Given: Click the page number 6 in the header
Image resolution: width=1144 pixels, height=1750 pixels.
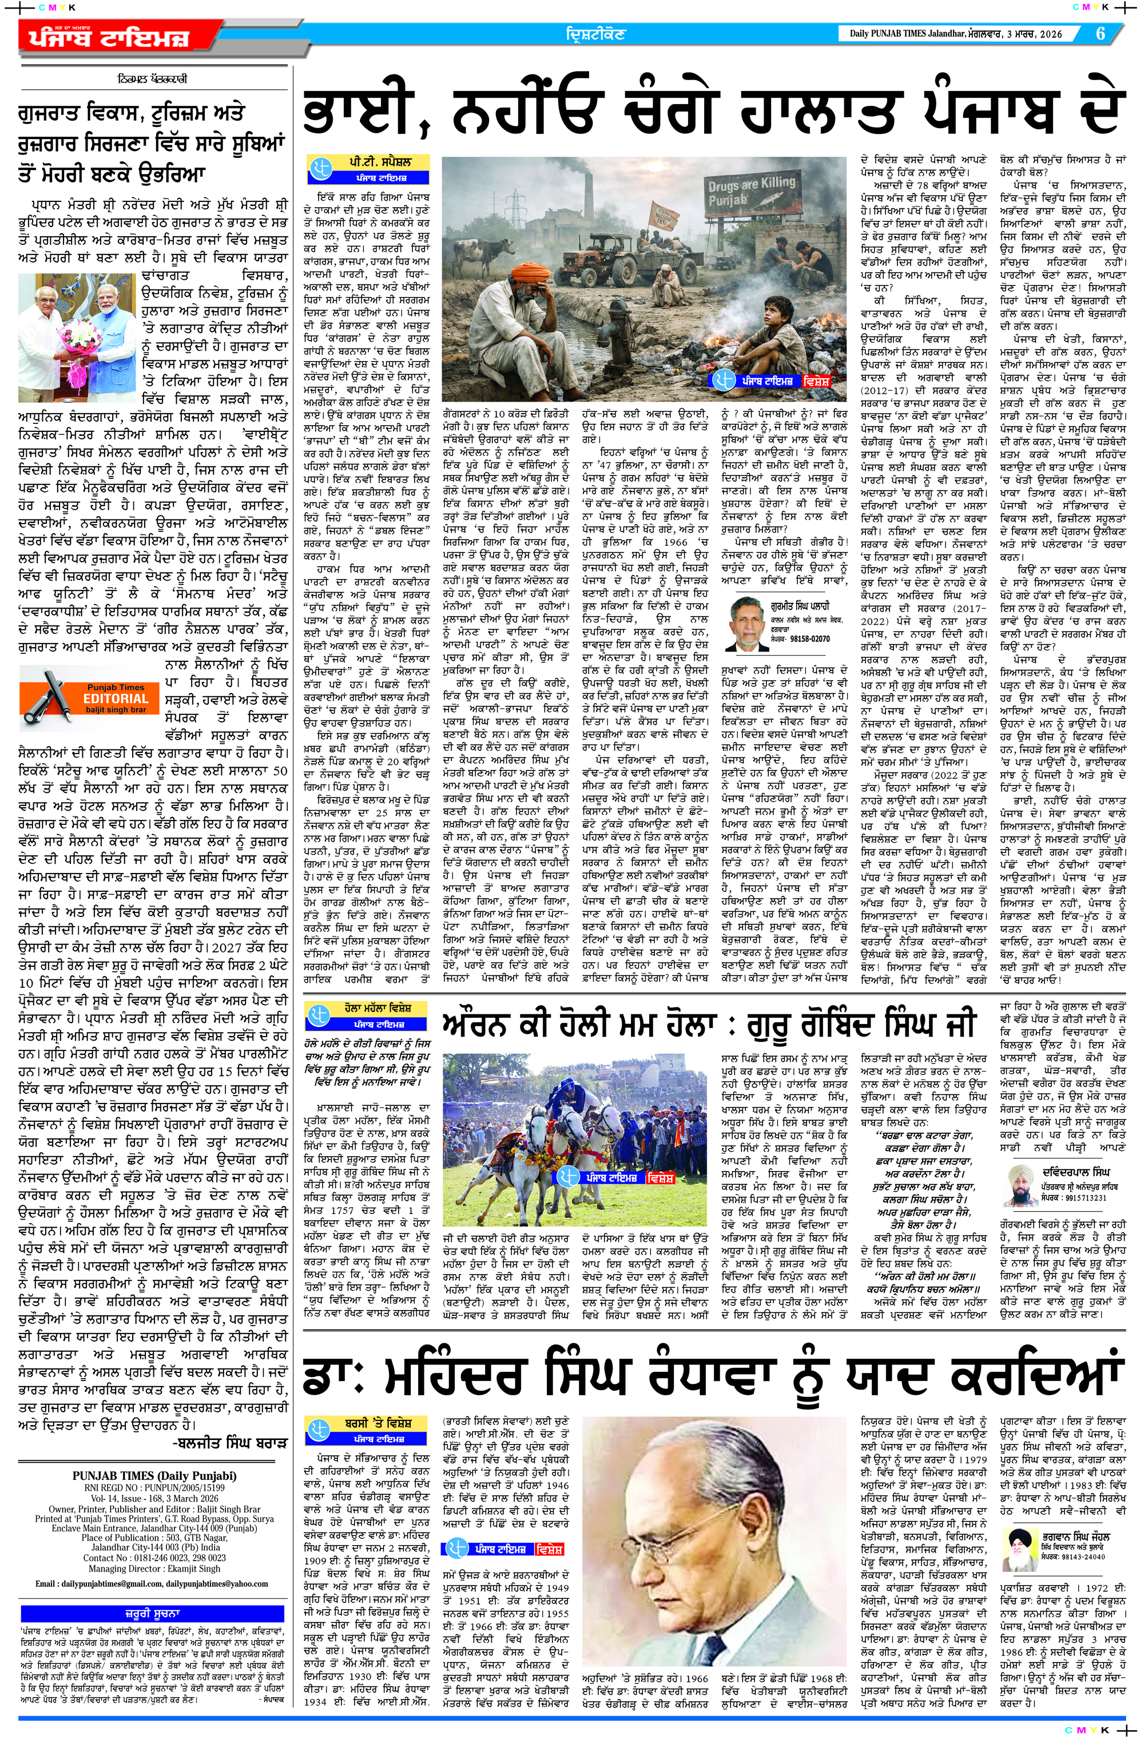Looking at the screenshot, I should (1101, 34).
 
